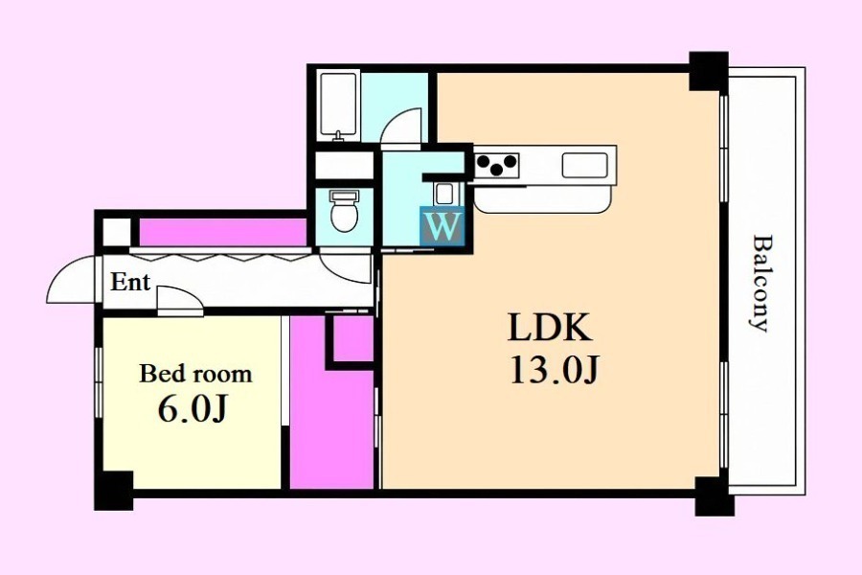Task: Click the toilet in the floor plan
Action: coord(345,210)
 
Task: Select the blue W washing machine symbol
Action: coord(442,225)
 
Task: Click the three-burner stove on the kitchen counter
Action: coord(496,164)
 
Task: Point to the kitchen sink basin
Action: coord(585,165)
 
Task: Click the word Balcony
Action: coord(760,284)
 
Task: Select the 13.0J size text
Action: coord(554,370)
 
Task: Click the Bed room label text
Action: coord(195,374)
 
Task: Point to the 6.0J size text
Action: coord(192,409)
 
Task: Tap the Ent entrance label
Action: coord(129,283)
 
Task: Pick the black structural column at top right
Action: coord(709,71)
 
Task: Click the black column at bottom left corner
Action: coord(114,491)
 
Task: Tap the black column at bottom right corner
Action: coord(715,496)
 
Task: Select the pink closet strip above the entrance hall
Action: coord(222,232)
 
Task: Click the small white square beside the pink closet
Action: coord(117,232)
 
